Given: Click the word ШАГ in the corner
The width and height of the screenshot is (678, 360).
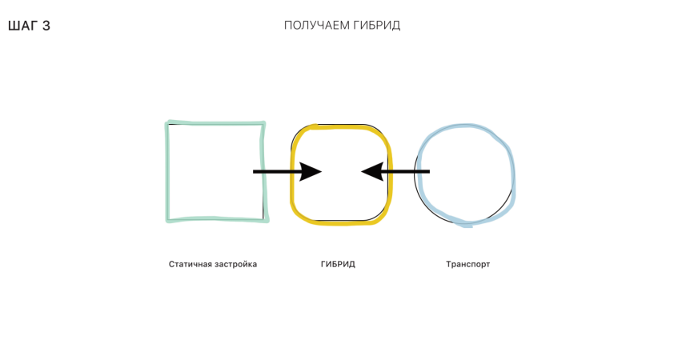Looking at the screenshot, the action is (23, 26).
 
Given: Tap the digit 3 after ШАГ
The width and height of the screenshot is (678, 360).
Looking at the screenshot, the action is (46, 26).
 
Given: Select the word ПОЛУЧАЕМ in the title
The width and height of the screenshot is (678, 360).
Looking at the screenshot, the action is (316, 26).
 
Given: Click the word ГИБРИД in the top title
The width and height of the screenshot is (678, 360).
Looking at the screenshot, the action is (376, 26).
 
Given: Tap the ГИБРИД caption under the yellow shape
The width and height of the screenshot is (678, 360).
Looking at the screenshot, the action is (338, 264).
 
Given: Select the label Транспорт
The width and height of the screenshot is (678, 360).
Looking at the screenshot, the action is (467, 264).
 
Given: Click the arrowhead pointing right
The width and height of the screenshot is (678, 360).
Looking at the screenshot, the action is (311, 171).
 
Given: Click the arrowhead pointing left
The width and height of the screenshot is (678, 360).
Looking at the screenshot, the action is (372, 171).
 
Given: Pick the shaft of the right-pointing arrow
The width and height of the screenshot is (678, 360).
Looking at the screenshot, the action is (277, 171).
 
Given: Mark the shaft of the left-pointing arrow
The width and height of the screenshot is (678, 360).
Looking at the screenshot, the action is (406, 171).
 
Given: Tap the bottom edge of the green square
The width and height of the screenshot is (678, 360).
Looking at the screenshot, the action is (217, 220).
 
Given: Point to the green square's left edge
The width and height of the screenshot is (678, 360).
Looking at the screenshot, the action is (167, 172).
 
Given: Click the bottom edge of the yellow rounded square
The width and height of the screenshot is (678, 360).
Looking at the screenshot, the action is (342, 222).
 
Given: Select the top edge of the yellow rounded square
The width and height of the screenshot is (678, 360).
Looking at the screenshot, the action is (342, 126).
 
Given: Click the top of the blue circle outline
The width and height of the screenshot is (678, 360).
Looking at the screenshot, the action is (465, 126).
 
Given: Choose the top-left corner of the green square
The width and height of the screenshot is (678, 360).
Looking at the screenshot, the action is (168, 123).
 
